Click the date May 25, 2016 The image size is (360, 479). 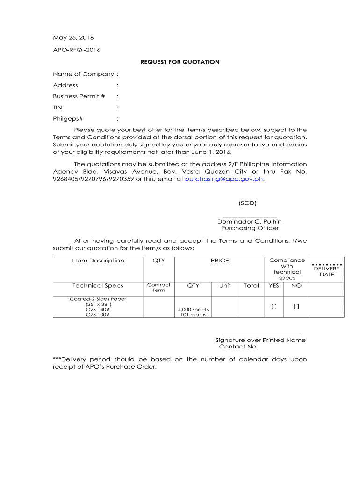click(x=73, y=37)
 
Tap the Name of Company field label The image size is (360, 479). click(x=84, y=74)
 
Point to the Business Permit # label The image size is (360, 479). click(x=79, y=96)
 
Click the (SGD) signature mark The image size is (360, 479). click(x=247, y=203)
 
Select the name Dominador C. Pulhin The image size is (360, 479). click(x=249, y=221)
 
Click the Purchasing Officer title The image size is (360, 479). click(x=250, y=228)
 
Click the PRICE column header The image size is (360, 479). click(x=219, y=261)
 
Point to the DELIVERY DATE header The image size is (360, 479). click(x=327, y=271)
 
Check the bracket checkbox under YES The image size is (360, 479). click(x=274, y=306)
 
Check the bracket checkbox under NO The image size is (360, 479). click(x=296, y=306)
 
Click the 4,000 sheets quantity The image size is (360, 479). click(x=194, y=310)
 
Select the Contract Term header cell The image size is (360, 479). click(x=158, y=287)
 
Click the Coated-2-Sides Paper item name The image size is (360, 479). click(x=98, y=299)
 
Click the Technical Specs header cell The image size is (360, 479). click(x=98, y=285)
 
